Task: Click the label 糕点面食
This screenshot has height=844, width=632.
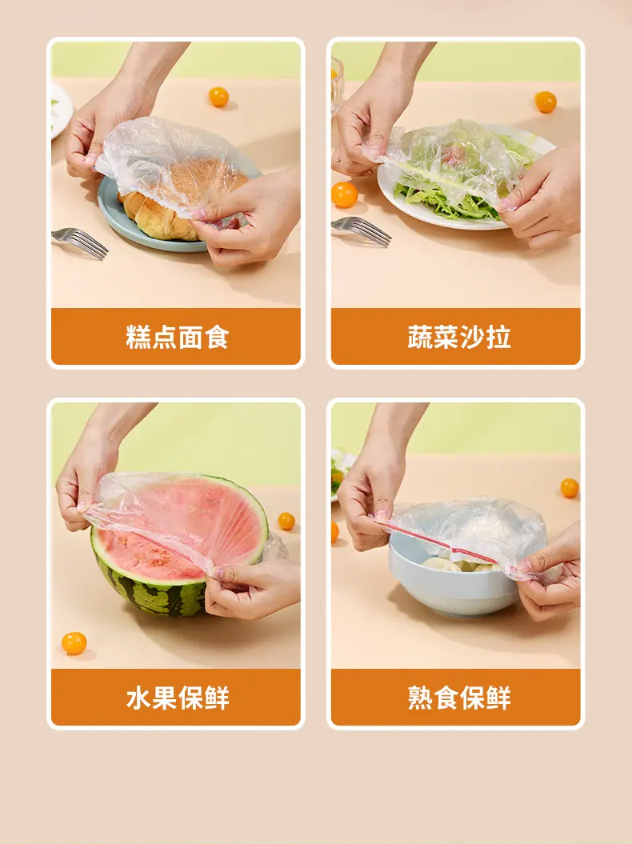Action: (x=177, y=337)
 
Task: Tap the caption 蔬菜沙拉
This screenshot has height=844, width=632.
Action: (x=458, y=337)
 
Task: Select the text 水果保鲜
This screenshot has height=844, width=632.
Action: (x=177, y=698)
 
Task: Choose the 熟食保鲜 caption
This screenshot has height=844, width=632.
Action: (x=458, y=698)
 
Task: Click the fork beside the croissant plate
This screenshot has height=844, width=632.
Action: (x=80, y=242)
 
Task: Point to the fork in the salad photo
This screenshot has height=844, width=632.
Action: (x=362, y=230)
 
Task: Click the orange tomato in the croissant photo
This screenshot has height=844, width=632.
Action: (x=218, y=97)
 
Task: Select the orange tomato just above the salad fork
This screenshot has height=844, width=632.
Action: (x=344, y=194)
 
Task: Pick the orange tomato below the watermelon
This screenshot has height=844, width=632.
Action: (x=74, y=643)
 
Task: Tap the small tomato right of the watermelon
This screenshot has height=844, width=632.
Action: (x=286, y=521)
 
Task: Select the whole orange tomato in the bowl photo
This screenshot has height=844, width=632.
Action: (x=570, y=488)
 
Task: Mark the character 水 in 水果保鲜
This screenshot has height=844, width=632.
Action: (x=138, y=698)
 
